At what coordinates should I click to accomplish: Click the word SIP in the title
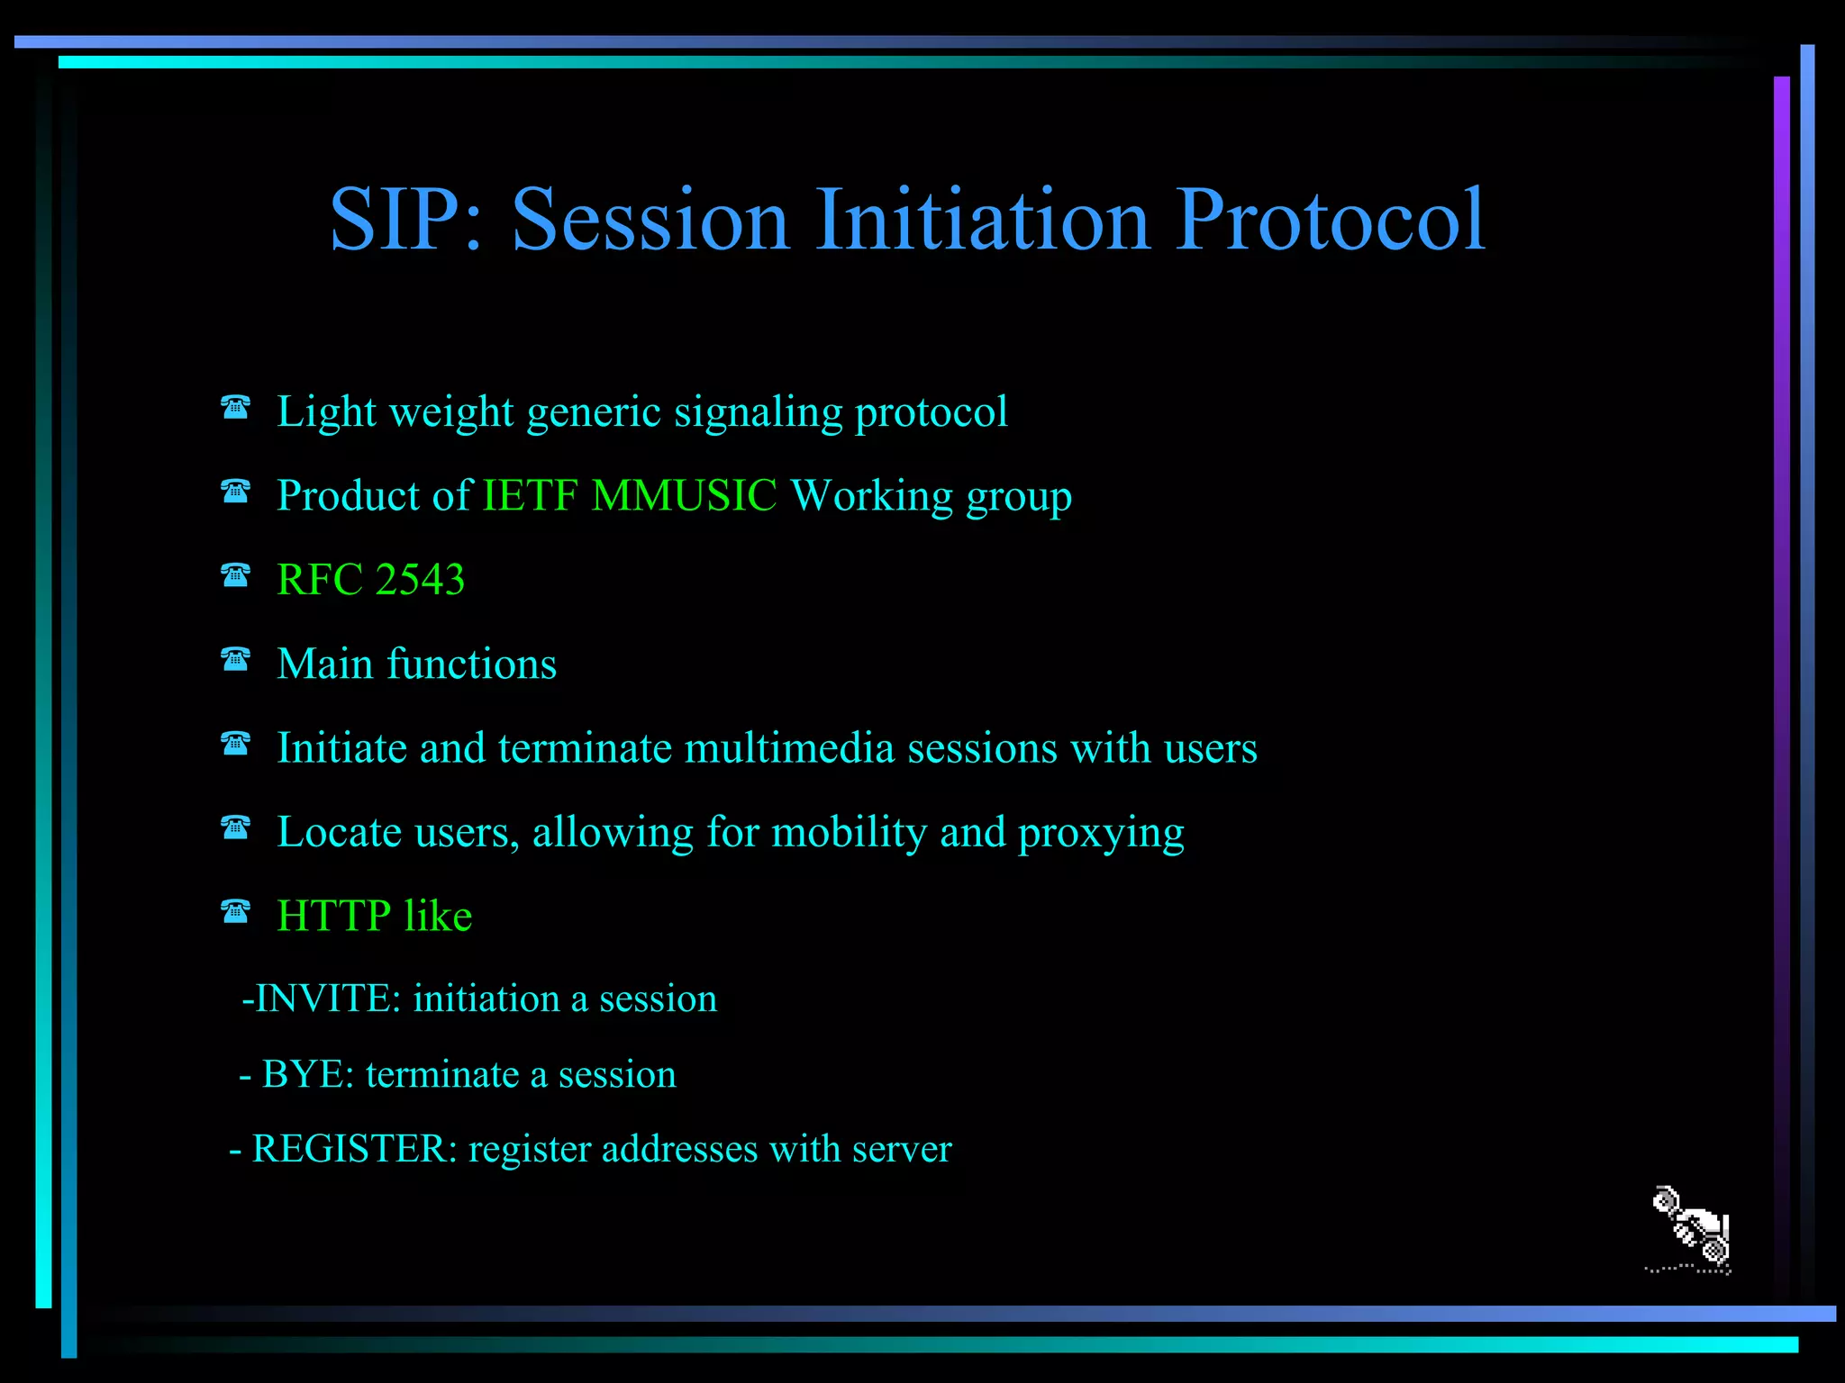pos(397,219)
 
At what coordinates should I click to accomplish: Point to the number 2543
pos(419,579)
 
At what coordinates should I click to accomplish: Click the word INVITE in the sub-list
pos(327,999)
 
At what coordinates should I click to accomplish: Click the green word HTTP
pos(333,916)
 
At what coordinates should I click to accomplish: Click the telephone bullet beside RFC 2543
pos(235,574)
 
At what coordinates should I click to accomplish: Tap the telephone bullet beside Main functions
pos(235,659)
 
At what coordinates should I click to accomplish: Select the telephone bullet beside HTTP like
pos(235,911)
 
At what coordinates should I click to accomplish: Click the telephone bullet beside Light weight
pos(235,407)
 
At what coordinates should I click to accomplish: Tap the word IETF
pos(530,495)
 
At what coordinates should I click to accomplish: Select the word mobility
pos(849,833)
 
